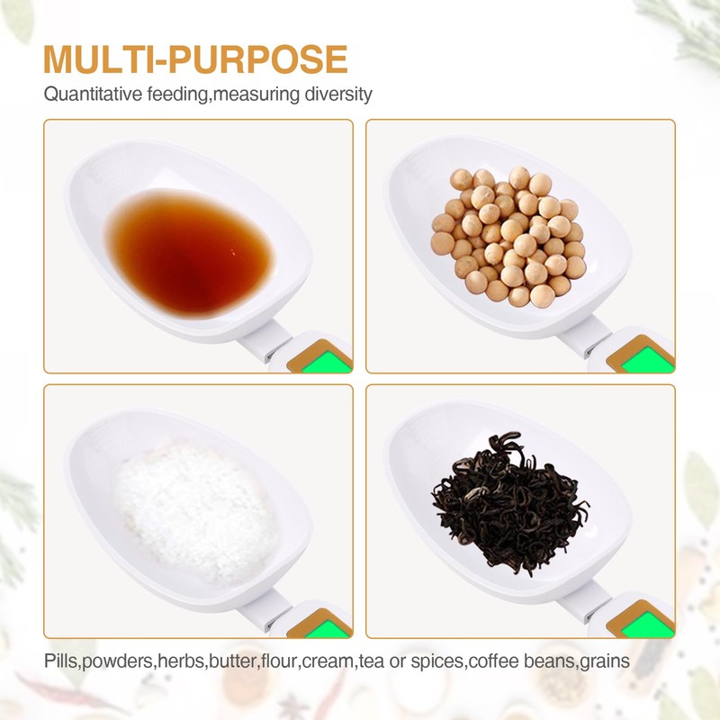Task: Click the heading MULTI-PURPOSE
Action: coord(195,59)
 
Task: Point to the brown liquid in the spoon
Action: coord(189,253)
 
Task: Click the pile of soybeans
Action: coord(508,237)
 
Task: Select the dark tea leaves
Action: coord(510,503)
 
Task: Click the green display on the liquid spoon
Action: coord(327,362)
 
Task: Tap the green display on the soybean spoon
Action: coord(649,360)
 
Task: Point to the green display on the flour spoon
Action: coord(328,627)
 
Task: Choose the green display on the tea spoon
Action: coord(649,625)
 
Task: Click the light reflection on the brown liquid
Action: coord(233,252)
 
